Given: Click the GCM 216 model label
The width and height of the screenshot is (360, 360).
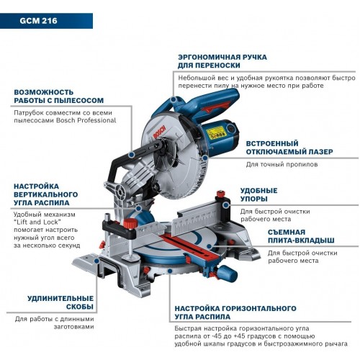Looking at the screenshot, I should click(x=30, y=21).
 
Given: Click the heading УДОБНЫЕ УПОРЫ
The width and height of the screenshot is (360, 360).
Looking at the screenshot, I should click(x=259, y=194).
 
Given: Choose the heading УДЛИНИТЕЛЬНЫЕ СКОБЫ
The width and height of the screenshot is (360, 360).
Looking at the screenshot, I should click(x=59, y=302).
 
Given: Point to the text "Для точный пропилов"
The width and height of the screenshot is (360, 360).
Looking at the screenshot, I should click(x=282, y=164).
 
